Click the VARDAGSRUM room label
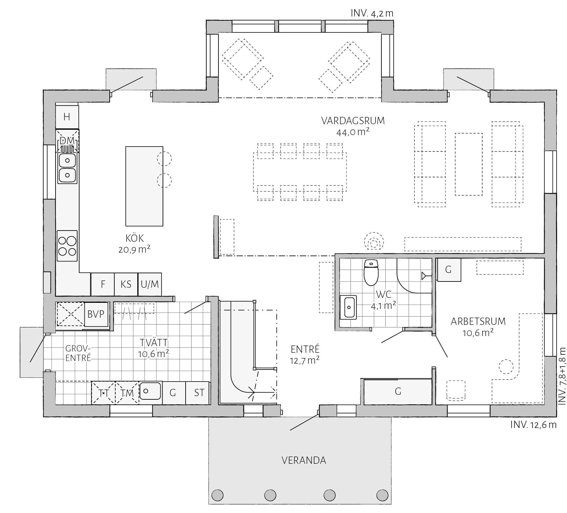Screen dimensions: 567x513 coord(353,121)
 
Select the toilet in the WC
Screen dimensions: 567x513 coord(371,272)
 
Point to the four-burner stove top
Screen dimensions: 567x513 coord(67,246)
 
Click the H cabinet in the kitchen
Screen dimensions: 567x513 coord(67,117)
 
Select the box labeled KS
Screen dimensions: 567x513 coord(126,284)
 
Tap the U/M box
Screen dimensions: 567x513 coord(150,284)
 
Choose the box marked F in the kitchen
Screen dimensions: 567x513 coord(102,284)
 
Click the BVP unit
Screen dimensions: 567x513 coord(96,314)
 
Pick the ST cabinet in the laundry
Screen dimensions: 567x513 coord(198,393)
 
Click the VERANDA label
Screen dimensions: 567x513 coord(304,460)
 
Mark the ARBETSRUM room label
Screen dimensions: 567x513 coord(478,321)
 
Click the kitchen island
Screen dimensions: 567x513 coord(144,186)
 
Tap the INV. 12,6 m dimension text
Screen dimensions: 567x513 coord(533,424)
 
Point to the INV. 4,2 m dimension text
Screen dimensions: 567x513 coord(372,13)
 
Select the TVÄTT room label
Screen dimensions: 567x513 coord(154,343)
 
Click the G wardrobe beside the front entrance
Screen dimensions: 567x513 coord(398,391)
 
